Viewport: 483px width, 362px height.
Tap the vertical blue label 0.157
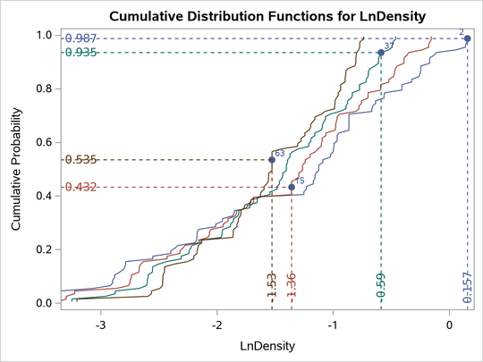pyautogui.click(x=468, y=288)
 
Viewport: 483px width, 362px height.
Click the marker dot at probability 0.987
pyautogui.click(x=467, y=38)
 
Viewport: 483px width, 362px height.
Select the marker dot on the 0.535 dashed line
pyautogui.click(x=272, y=160)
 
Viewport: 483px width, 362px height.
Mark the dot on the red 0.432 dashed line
pyautogui.click(x=292, y=187)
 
